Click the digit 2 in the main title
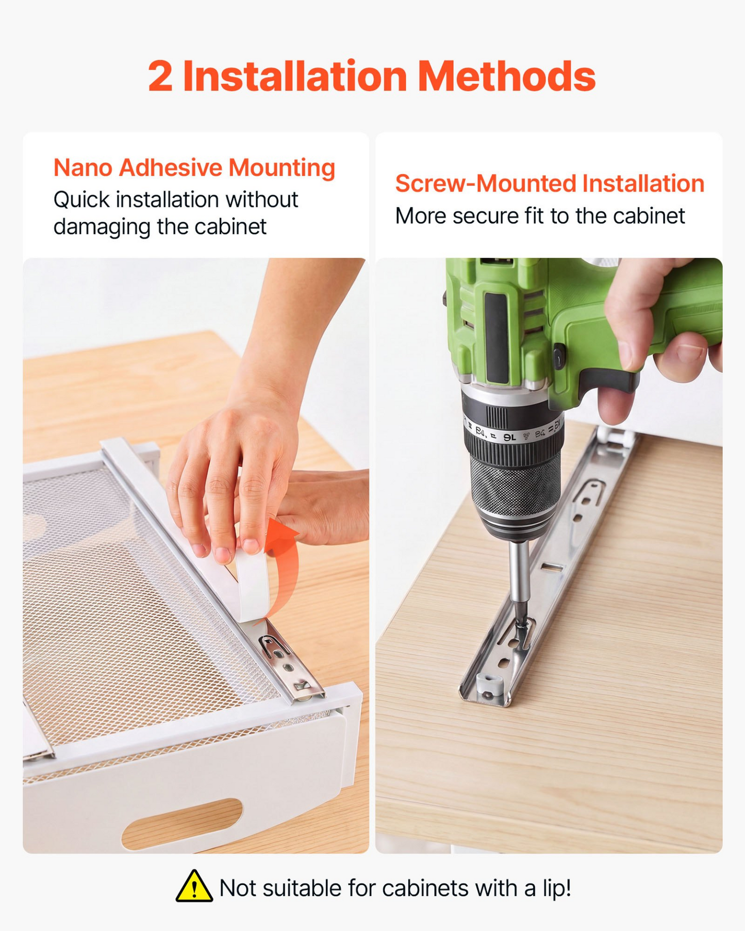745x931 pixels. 160,76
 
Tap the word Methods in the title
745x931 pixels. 506,76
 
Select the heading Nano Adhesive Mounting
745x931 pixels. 194,168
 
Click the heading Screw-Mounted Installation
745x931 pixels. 550,184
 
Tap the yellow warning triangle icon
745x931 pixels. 194,887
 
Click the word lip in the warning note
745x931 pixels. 556,888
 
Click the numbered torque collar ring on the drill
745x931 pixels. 514,430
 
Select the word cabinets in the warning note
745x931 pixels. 426,888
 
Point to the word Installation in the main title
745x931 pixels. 295,76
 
